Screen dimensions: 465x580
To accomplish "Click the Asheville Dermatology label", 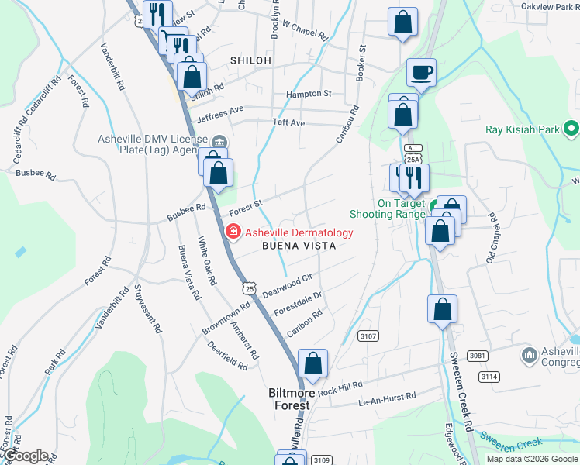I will coord(299,232).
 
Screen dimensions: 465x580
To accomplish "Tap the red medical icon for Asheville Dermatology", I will coord(232,232).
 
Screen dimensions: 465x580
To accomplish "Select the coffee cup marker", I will coord(422,74).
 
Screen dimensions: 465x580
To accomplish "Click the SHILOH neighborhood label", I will coord(250,60).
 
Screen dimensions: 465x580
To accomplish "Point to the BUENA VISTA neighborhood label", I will coord(299,246).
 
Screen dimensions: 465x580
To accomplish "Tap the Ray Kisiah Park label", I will coord(524,130).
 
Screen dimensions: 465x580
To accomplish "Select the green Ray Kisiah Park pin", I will coord(571,127).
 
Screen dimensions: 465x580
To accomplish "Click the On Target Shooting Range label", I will coord(401,209).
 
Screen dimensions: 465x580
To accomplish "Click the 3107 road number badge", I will coord(368,336).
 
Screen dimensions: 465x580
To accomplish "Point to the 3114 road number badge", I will coord(489,376).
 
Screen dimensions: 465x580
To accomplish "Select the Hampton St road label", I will coord(309,93).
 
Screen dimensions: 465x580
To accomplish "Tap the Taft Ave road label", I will coord(291,122).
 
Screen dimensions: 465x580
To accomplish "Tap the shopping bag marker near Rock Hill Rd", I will coord(312,364).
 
